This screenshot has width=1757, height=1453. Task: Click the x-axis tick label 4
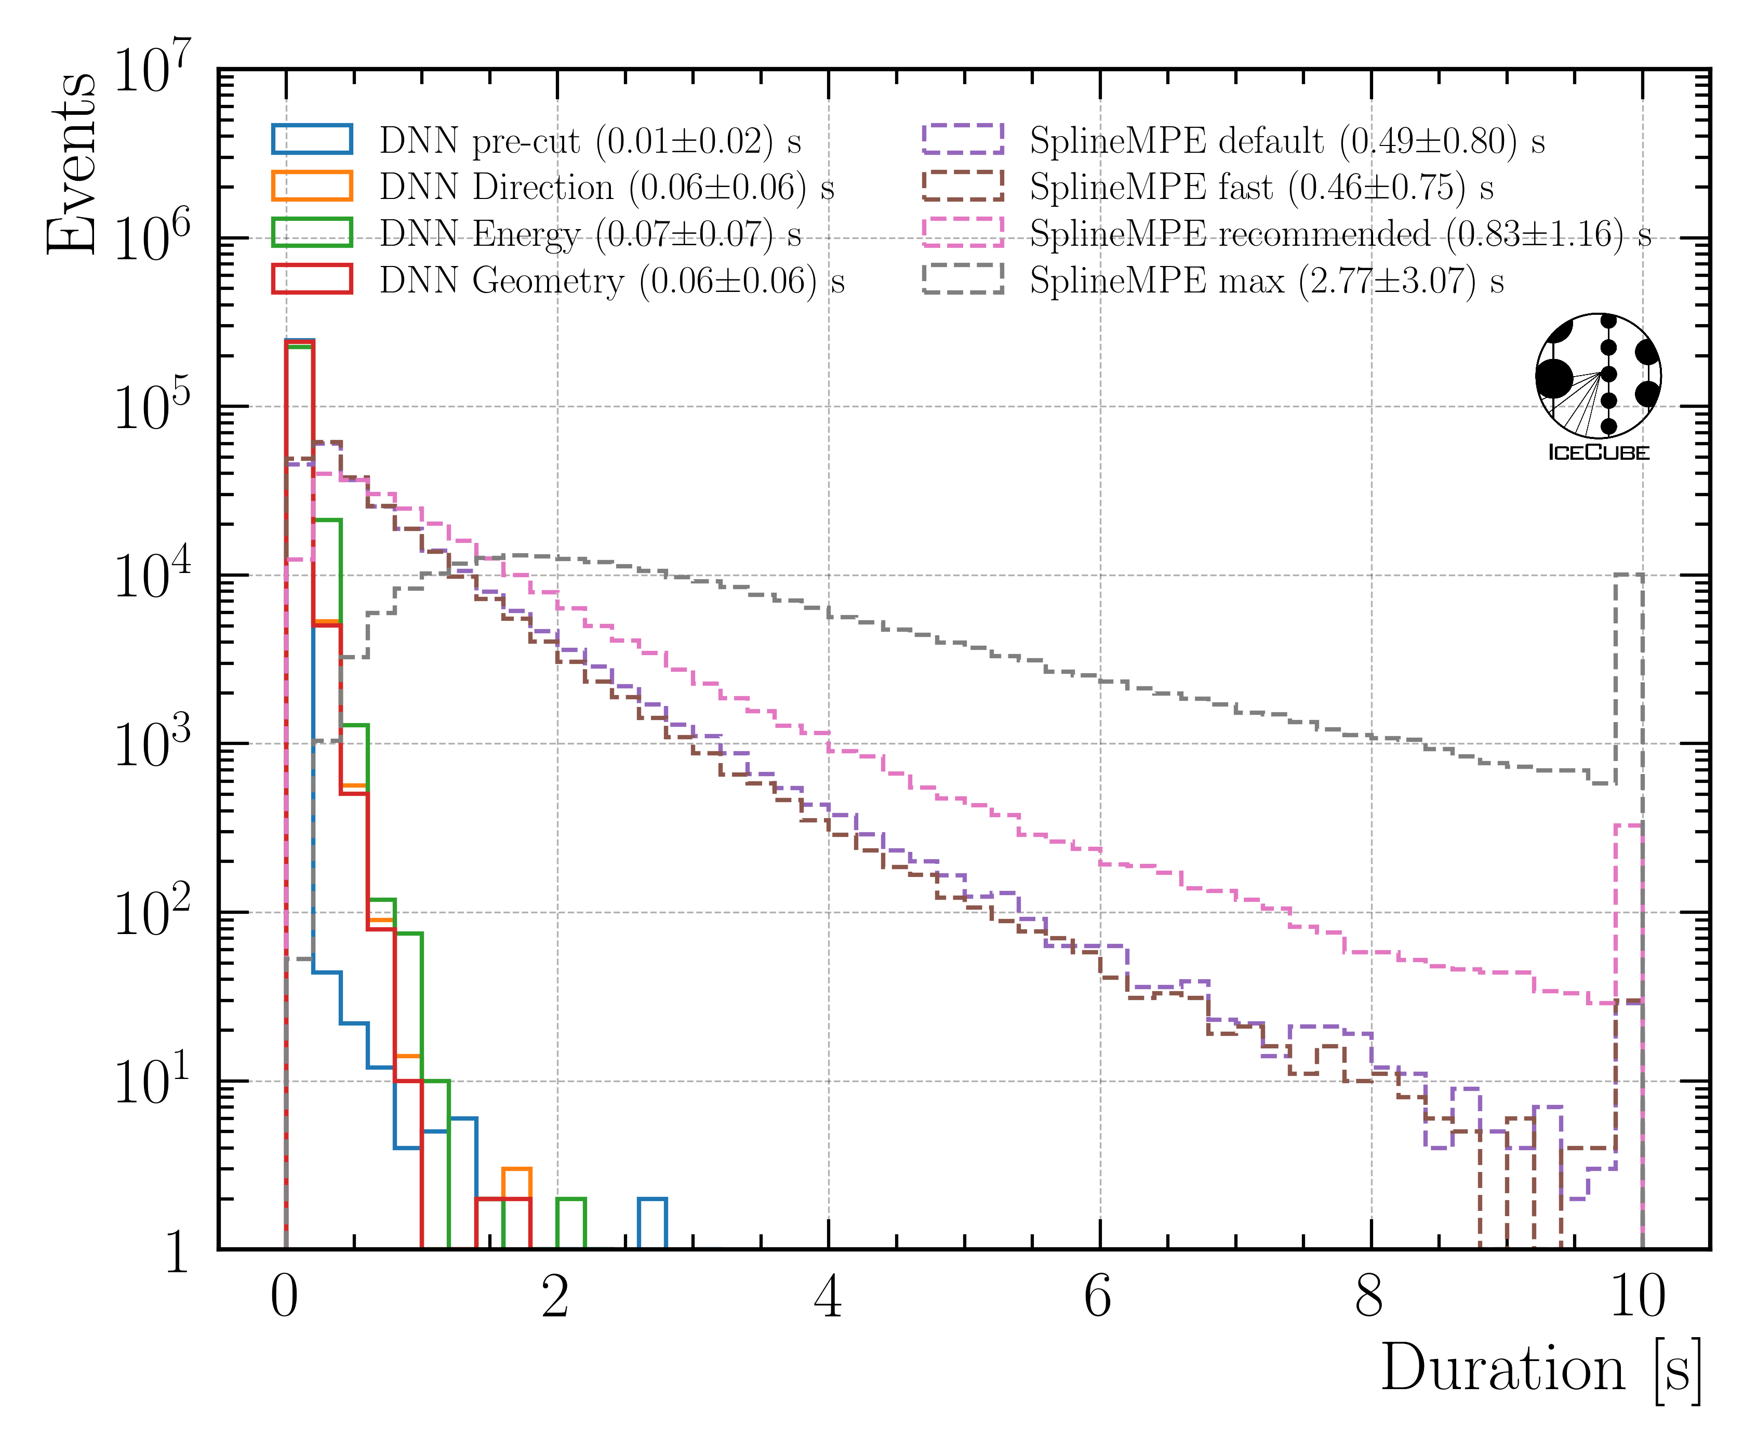828,1298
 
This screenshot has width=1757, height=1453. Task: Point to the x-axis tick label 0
285,1298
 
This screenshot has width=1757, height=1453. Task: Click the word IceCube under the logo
1598,452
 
